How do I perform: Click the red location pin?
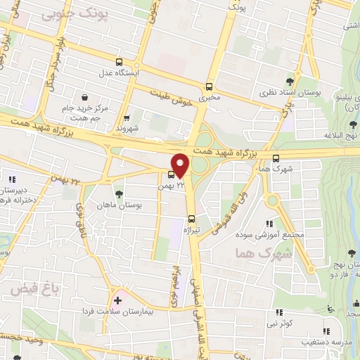pos(181,165)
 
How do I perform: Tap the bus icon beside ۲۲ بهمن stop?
pos(172,174)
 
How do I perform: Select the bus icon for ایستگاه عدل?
pos(119,62)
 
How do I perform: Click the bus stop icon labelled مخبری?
pos(208,86)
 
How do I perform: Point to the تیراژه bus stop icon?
pos(192,218)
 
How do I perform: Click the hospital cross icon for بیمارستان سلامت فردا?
pos(117,300)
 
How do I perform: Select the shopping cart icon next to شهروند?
pos(127,117)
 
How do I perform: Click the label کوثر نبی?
pos(294,323)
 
